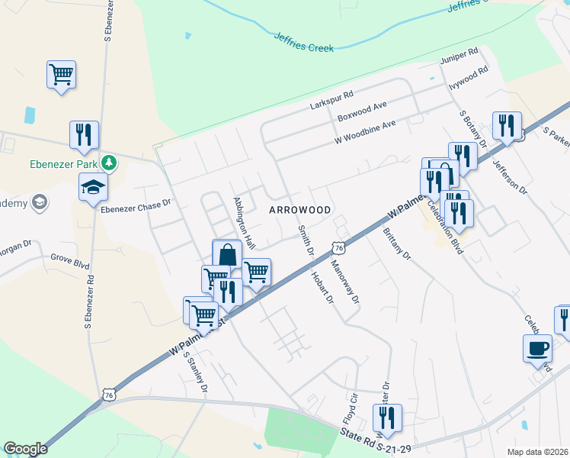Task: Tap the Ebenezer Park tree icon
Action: click(x=110, y=162)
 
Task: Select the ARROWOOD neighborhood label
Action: click(x=300, y=209)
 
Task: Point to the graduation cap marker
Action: click(x=93, y=186)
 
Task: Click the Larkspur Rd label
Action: click(x=332, y=99)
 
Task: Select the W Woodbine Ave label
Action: click(x=366, y=132)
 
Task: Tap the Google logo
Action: click(x=25, y=448)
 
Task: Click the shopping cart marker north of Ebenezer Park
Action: click(x=61, y=75)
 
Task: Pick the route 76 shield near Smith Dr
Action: click(x=339, y=248)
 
